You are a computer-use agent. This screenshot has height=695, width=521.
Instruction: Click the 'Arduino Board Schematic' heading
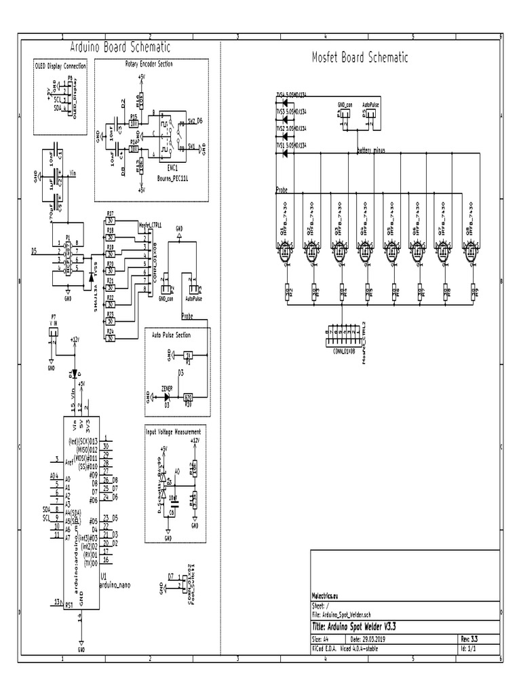(x=121, y=47)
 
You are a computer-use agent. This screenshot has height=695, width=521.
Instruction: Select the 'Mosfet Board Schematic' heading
(x=359, y=57)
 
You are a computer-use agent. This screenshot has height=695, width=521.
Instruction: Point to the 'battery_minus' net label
(x=370, y=151)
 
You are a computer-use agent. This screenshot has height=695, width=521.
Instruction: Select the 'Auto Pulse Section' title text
(x=171, y=335)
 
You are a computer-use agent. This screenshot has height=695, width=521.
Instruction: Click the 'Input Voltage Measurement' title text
(x=174, y=431)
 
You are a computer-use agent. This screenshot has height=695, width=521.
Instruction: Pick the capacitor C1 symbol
(x=58, y=155)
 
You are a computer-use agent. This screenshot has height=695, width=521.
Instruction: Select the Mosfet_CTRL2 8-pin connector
(x=345, y=333)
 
